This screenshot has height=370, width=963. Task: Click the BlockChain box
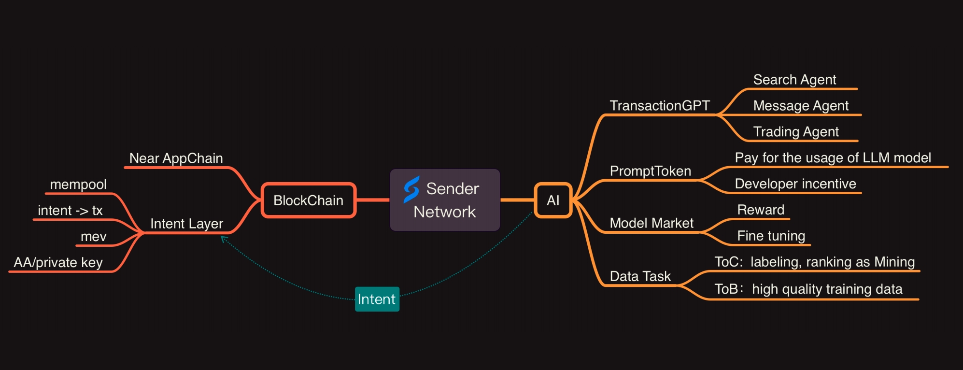click(309, 200)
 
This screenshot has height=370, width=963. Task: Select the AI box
click(553, 200)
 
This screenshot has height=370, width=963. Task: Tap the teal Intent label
click(377, 299)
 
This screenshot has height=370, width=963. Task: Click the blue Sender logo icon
click(411, 189)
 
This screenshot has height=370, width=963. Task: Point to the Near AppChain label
click(176, 158)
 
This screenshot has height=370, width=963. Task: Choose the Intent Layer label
click(186, 224)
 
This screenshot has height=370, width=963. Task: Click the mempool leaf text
click(78, 185)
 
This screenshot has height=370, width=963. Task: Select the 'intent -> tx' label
click(71, 211)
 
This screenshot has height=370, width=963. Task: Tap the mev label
click(94, 237)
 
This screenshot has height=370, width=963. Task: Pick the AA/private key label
click(58, 263)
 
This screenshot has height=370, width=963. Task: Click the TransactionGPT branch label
click(660, 106)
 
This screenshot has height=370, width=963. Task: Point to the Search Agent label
click(794, 80)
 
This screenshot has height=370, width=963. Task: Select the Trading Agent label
click(796, 132)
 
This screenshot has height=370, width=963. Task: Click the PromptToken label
click(651, 171)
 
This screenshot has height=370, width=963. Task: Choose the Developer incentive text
click(795, 184)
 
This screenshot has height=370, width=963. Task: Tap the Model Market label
click(651, 223)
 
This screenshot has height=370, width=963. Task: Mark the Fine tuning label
click(771, 236)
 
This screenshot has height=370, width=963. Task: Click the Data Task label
click(640, 276)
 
